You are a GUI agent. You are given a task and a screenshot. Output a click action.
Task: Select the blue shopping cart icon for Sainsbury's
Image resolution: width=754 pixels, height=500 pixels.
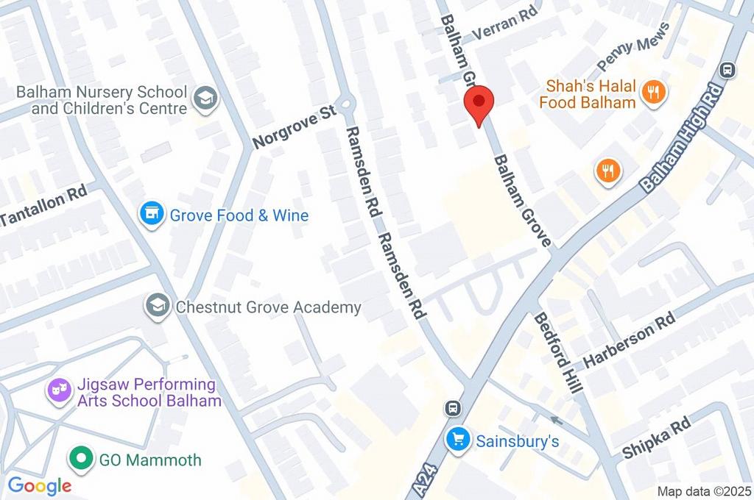[x=458, y=440]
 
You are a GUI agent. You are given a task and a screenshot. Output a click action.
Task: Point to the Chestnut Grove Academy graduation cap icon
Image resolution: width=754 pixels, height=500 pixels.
[x=157, y=306]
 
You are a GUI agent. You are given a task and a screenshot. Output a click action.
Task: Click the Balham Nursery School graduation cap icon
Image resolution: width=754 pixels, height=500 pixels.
[x=206, y=98]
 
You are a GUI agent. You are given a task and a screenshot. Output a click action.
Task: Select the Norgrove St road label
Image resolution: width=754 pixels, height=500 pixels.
[x=294, y=128]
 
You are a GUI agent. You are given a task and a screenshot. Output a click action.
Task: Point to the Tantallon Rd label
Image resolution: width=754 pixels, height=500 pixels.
[x=44, y=206]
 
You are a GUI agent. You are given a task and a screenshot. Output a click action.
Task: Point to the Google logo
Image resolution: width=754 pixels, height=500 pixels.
[x=39, y=485]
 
